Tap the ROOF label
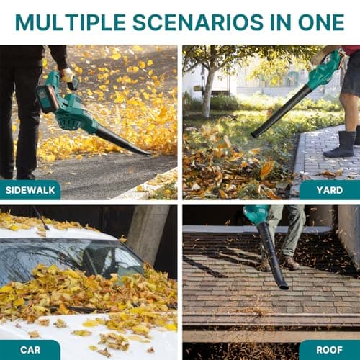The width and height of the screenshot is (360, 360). [329, 350]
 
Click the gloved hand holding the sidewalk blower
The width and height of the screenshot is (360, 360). [68, 74]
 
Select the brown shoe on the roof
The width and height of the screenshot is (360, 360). [290, 262]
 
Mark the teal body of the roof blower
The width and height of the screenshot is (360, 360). [256, 214]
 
